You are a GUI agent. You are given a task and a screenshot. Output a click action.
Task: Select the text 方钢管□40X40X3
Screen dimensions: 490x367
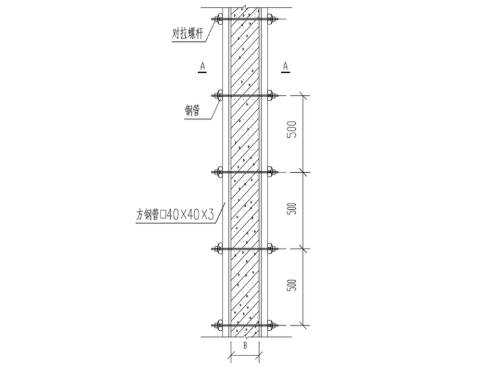point(175,217)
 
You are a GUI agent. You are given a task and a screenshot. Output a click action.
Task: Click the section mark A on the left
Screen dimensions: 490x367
point(202,66)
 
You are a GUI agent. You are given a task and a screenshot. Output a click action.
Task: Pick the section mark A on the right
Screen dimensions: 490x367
point(285,66)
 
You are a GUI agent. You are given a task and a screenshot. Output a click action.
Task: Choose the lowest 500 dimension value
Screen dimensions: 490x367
point(292,286)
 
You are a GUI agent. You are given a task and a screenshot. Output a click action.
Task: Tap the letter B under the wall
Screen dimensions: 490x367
point(245,345)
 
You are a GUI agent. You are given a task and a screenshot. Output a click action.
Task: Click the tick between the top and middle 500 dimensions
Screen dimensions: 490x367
point(304,172)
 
